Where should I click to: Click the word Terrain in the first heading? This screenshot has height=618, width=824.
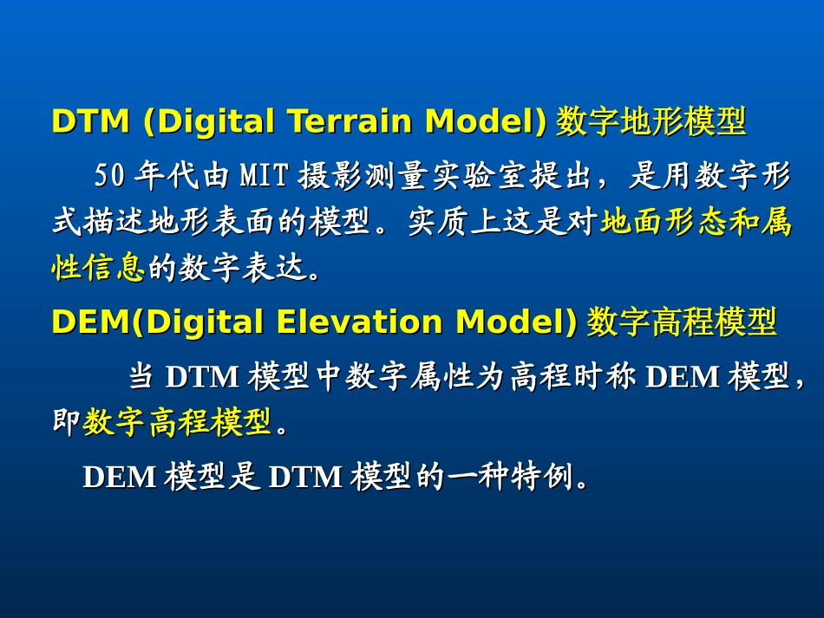pyautogui.click(x=351, y=120)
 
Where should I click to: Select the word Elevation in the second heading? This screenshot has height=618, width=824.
pyautogui.click(x=359, y=321)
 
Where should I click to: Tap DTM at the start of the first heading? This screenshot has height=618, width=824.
pyautogui.click(x=91, y=120)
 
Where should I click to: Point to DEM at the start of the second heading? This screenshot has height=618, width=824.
pyautogui.click(x=91, y=321)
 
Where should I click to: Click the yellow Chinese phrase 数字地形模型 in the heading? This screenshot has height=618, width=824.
pyautogui.click(x=651, y=120)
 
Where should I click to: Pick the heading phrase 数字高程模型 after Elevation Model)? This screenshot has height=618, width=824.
pyautogui.click(x=682, y=322)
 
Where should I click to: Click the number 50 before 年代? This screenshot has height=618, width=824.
pyautogui.click(x=110, y=175)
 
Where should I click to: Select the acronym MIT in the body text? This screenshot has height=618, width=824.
pyautogui.click(x=265, y=175)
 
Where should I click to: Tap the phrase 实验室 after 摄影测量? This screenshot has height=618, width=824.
pyautogui.click(x=480, y=175)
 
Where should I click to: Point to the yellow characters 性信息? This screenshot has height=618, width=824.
pyautogui.click(x=98, y=267)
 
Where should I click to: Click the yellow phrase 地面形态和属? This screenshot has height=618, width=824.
pyautogui.click(x=696, y=221)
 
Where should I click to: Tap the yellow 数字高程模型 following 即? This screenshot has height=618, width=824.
pyautogui.click(x=177, y=421)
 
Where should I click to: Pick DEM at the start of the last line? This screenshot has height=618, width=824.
pyautogui.click(x=120, y=477)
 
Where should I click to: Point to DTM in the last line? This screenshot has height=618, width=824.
pyautogui.click(x=305, y=477)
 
